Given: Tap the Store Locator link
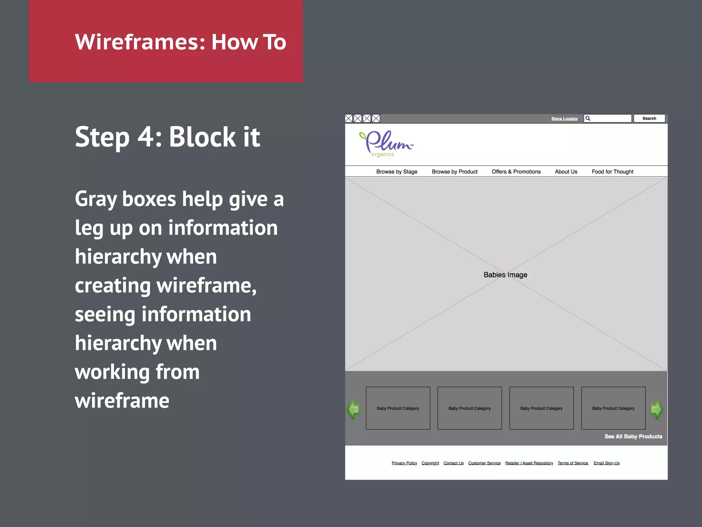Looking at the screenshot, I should click(564, 119).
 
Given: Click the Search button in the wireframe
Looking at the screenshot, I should click(649, 118).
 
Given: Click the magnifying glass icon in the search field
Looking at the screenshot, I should click(588, 118).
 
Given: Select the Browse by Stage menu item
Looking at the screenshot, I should click(397, 172).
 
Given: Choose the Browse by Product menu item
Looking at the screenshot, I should click(454, 172).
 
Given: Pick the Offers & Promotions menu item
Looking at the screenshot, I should click(516, 172).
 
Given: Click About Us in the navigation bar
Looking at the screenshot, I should click(566, 172).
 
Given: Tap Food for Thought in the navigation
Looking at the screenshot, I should click(612, 172).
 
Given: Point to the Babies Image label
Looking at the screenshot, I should click(505, 275).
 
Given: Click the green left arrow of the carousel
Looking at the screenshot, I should click(353, 409).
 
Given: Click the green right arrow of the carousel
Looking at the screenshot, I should click(656, 409).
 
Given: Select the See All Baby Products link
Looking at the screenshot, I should click(633, 436).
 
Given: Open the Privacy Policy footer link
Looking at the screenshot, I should click(404, 463).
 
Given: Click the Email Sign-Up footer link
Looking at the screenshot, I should click(606, 463).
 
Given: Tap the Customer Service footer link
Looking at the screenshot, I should click(484, 463).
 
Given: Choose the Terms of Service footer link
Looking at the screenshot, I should click(573, 463).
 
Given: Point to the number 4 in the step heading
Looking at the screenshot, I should click(146, 137).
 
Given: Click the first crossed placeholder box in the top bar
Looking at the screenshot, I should click(349, 119).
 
